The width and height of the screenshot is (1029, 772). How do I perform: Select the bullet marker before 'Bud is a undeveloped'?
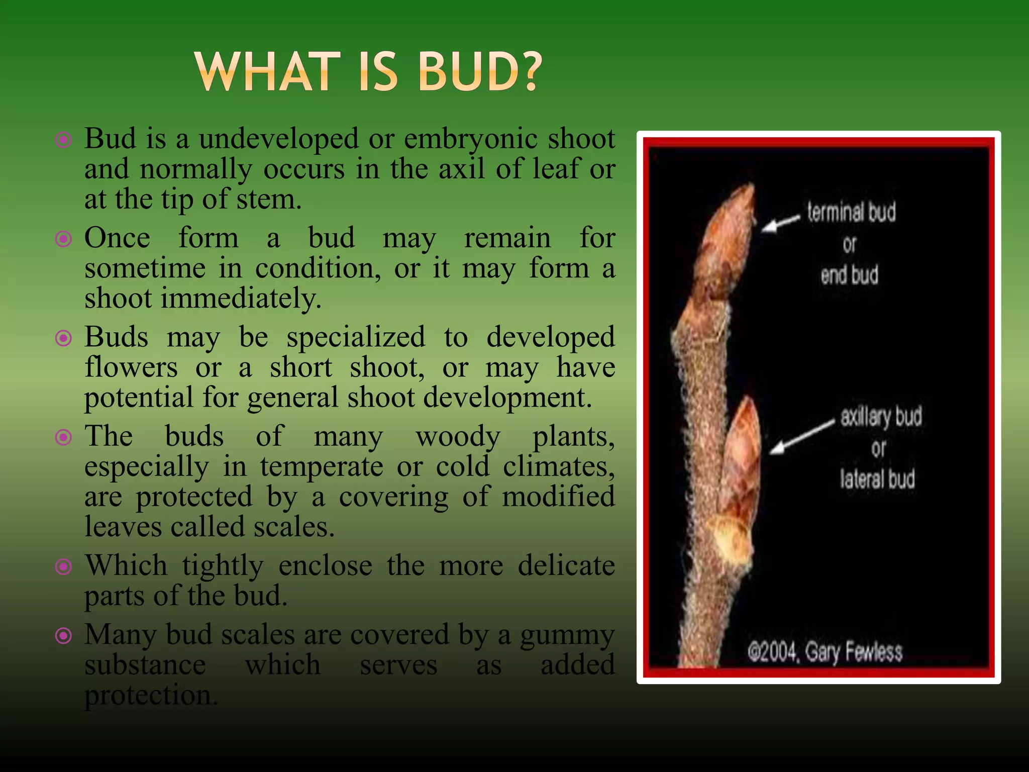point(63,140)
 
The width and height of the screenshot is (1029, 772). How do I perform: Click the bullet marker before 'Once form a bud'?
point(63,239)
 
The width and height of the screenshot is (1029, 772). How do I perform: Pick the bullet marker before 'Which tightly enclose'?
point(63,567)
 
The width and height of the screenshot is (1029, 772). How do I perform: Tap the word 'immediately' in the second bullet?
point(240,299)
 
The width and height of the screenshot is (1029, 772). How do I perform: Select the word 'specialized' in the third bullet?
point(356,337)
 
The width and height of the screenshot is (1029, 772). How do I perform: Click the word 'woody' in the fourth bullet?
point(458,436)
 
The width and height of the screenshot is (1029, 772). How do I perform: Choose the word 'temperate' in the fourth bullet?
point(322,466)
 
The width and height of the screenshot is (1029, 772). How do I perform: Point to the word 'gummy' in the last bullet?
point(567,635)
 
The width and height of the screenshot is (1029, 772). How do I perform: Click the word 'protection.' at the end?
point(151,696)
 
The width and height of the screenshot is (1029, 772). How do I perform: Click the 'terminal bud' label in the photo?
point(851,212)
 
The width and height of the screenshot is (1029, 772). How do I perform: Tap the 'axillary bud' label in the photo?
point(881,417)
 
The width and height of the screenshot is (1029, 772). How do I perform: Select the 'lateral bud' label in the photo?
point(877,478)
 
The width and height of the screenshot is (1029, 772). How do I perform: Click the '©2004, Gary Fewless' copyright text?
point(825,652)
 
